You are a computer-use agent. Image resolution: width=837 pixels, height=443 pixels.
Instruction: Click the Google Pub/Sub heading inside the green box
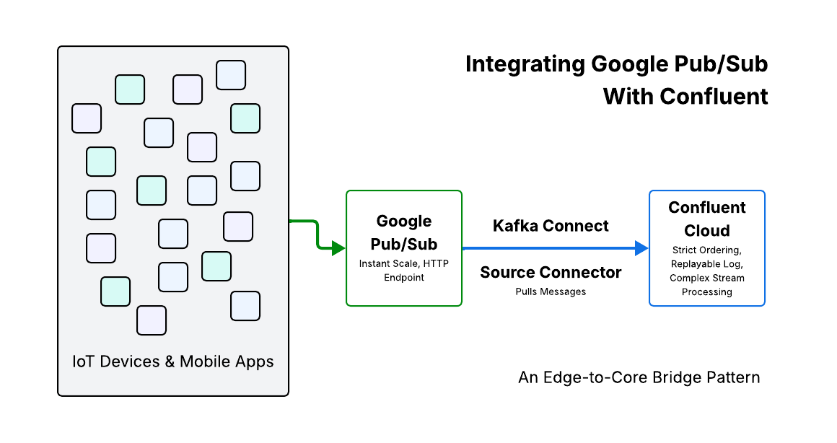coord(404,232)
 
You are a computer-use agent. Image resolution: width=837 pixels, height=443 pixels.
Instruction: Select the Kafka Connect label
coord(551,226)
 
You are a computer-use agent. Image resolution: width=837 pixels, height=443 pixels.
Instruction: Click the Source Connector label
coord(551,272)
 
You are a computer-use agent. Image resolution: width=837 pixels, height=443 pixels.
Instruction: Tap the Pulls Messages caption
coord(551,291)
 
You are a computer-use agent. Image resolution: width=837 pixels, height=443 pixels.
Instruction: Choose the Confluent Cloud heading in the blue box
coord(706,219)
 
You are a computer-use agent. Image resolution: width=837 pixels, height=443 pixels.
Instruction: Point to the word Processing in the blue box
coord(706,292)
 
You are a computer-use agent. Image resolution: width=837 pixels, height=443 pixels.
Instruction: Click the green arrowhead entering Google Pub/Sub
coord(338,249)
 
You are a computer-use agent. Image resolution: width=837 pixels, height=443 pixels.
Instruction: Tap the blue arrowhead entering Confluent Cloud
coord(641,249)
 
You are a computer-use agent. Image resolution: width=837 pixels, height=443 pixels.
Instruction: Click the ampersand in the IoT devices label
coord(170,361)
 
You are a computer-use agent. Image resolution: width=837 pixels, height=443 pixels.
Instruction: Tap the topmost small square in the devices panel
coord(231,75)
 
